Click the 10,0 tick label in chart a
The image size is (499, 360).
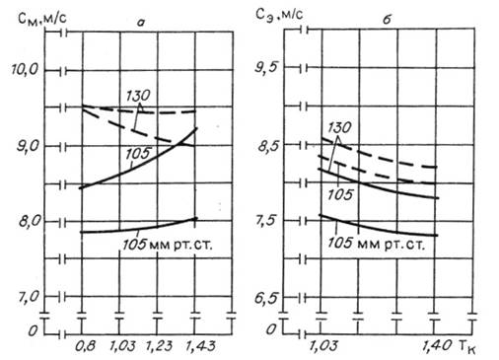pos(25,70)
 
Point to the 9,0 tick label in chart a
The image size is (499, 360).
pos(28,146)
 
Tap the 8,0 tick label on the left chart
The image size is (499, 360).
pos(29,221)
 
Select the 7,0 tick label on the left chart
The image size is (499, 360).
pos(29,297)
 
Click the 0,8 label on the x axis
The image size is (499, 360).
pos(85,346)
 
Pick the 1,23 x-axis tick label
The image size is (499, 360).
pos(159,346)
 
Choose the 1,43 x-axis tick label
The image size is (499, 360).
pos(200,346)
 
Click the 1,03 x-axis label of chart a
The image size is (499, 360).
pos(122,346)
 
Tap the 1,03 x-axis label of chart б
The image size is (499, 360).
pos(323,345)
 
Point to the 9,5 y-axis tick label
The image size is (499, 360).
pos(267,67)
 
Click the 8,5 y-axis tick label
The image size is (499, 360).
pos(268,145)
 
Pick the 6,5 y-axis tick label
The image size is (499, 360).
pos(266,298)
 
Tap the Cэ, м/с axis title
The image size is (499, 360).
pos(279,16)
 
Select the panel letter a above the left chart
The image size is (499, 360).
pos(141,23)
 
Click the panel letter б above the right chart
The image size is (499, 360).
pos(387,20)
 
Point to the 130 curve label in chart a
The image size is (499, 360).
pos(138,96)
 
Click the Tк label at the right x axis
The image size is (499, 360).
pos(466,346)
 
